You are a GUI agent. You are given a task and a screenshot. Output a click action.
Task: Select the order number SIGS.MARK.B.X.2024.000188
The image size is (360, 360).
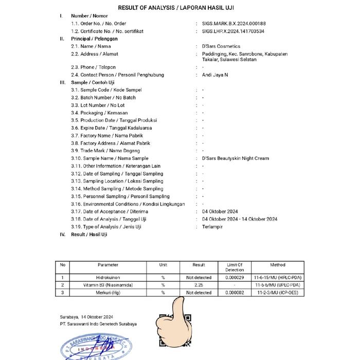click(234, 24)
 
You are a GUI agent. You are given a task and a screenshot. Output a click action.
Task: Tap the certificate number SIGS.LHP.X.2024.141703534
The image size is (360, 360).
click(233, 31)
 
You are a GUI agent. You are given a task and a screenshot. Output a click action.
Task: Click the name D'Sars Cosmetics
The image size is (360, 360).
click(222, 46)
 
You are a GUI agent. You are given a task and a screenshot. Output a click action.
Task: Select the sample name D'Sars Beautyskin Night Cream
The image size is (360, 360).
click(236, 158)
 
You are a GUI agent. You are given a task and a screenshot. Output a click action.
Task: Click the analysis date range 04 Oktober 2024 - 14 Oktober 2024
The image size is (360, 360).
click(240, 219)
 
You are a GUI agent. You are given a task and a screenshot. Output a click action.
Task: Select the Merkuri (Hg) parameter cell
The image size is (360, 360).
click(108, 293)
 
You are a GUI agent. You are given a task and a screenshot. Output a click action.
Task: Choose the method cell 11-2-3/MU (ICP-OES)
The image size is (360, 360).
click(277, 293)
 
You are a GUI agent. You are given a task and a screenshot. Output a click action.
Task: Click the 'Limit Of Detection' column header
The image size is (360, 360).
click(235, 267)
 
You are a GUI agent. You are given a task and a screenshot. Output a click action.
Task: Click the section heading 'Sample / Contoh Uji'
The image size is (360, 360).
click(93, 82)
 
